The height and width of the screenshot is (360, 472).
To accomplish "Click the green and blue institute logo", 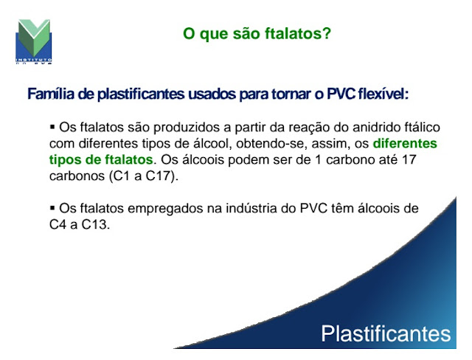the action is coord(34,41).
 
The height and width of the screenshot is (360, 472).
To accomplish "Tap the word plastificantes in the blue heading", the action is coord(141,94).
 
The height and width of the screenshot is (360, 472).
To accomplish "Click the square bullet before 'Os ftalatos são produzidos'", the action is coord(52,127).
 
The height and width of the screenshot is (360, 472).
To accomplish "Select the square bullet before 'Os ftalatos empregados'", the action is coord(52,208).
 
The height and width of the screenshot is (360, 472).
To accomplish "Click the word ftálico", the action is coord(426,128).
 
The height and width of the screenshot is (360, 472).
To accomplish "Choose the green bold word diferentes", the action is coord(405,143).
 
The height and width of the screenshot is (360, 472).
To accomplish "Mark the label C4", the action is coord(58,224).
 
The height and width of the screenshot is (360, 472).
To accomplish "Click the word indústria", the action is coord(251,208).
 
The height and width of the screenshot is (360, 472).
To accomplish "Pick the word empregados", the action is coord(165,209).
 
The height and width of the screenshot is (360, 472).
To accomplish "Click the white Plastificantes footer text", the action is coord(386,333).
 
